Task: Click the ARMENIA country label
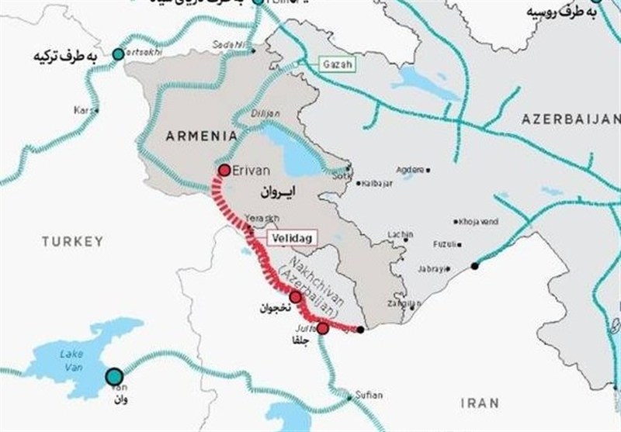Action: (x=201, y=136)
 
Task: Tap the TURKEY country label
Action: (x=72, y=242)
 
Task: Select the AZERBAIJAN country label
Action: (x=571, y=119)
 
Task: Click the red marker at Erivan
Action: (x=224, y=170)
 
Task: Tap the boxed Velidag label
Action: (x=289, y=239)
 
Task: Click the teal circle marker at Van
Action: (x=114, y=376)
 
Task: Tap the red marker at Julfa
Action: (x=323, y=328)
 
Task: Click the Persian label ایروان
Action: (x=276, y=188)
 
